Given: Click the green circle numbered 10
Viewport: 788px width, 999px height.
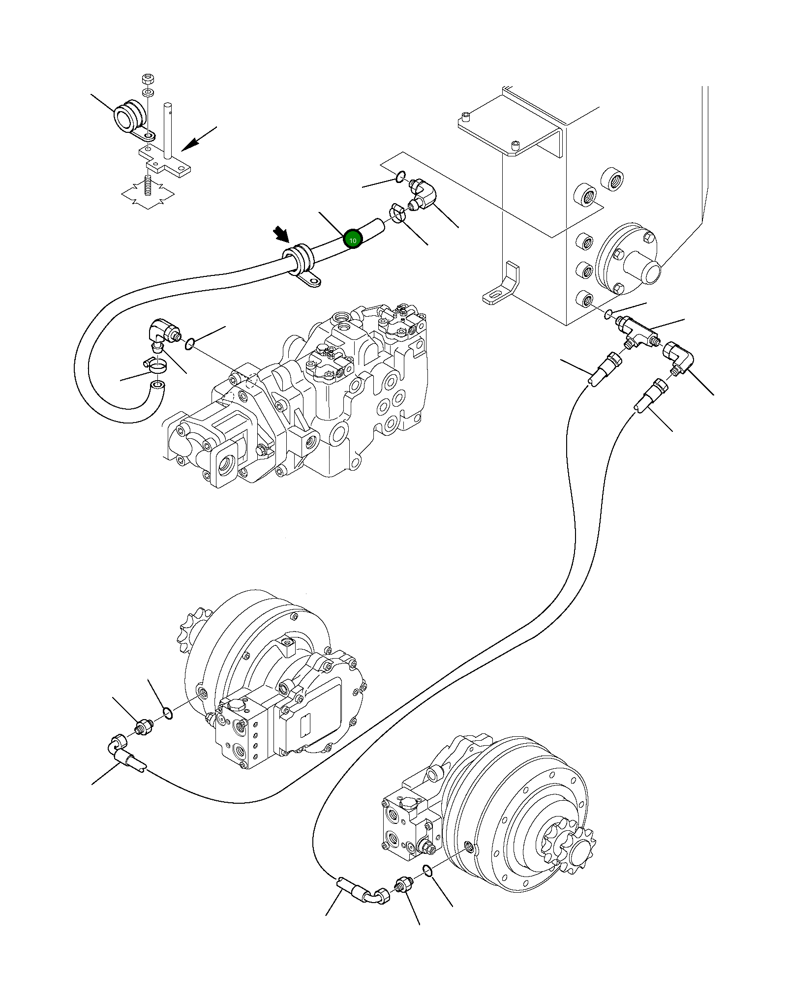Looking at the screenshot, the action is (x=353, y=240).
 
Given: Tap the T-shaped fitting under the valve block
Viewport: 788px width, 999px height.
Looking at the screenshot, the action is (x=637, y=332).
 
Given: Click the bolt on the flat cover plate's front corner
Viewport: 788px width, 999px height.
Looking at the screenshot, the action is (x=515, y=145).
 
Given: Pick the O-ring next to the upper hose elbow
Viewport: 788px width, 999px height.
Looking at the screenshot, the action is (x=400, y=176).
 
